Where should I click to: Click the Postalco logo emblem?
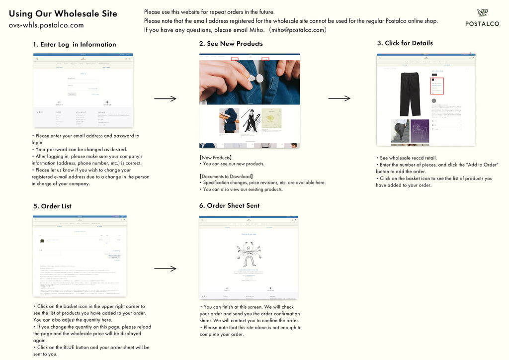pos(482,13)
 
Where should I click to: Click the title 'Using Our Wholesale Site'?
pos(63,13)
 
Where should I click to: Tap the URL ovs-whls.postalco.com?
pos(46,25)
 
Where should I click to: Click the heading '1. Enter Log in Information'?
pos(74,44)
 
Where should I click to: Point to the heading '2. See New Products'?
pos(231,44)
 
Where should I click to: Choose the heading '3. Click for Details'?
pos(405,43)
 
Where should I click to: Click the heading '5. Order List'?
pos(52,206)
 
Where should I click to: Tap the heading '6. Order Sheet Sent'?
pos(229,205)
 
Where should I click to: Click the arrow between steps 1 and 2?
pos(165,98)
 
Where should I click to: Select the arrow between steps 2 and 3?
pos(339,98)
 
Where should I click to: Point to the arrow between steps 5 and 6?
pos(165,269)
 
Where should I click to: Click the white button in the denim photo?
pos(259,78)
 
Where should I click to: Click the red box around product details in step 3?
pos(437,85)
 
